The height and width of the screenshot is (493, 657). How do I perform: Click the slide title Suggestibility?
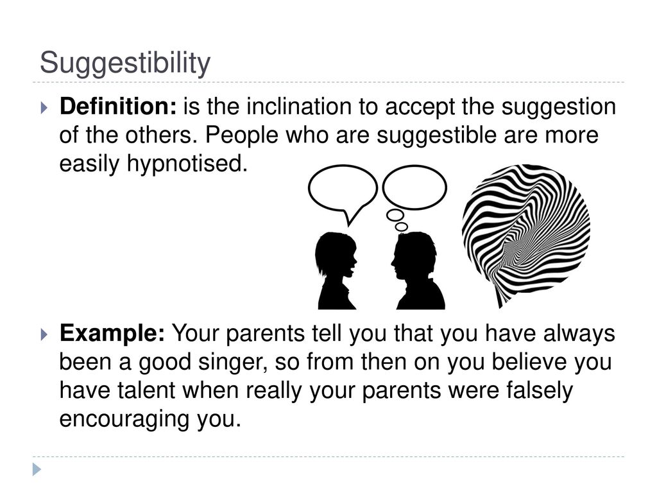click(x=125, y=64)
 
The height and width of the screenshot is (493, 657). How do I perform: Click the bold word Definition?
click(x=118, y=106)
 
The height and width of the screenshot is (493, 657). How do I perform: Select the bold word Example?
click(x=112, y=334)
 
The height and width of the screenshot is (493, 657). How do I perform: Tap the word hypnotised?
click(x=187, y=164)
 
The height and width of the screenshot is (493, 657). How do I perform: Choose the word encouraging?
click(x=124, y=419)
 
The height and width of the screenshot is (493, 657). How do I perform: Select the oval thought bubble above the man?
click(x=414, y=187)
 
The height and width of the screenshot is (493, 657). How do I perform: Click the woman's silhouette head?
click(x=336, y=255)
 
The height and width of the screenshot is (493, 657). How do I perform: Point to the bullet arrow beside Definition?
click(x=44, y=108)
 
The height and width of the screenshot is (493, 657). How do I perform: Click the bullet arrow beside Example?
click(x=44, y=334)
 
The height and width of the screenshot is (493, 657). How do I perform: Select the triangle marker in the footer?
click(x=37, y=469)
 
